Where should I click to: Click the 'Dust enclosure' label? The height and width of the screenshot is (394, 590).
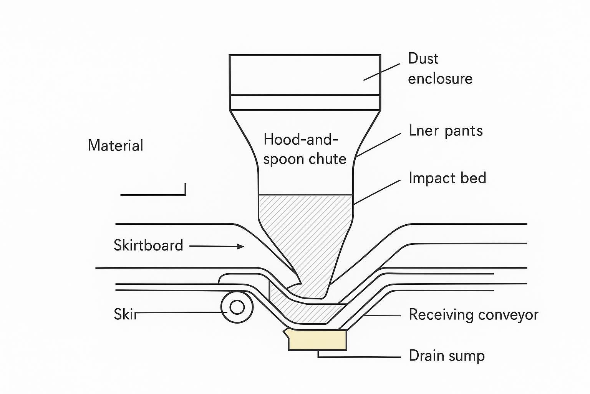(x=440, y=68)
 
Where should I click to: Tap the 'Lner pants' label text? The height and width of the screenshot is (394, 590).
(x=446, y=131)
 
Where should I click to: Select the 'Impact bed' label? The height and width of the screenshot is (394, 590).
(x=447, y=178)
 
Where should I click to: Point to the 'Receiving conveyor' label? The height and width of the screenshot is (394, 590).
(x=473, y=315)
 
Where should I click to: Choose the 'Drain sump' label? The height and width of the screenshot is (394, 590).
(x=446, y=356)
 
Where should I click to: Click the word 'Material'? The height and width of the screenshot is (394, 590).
(x=115, y=146)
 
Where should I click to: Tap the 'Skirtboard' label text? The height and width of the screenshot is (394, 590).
(x=148, y=245)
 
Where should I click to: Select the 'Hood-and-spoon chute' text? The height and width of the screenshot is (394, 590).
(x=305, y=149)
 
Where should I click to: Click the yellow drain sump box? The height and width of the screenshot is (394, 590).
(x=317, y=340)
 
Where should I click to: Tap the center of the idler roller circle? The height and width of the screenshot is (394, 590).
(x=237, y=307)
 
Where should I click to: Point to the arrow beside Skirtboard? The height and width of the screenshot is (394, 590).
(x=217, y=246)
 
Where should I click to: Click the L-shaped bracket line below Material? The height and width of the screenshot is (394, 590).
(x=154, y=195)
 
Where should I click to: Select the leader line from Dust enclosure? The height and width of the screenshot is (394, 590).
(x=381, y=72)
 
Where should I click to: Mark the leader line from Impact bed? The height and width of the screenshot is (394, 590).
(x=377, y=192)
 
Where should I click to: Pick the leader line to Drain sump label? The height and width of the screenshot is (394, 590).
(x=359, y=357)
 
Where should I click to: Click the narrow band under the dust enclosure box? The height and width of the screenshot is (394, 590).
(x=305, y=102)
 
